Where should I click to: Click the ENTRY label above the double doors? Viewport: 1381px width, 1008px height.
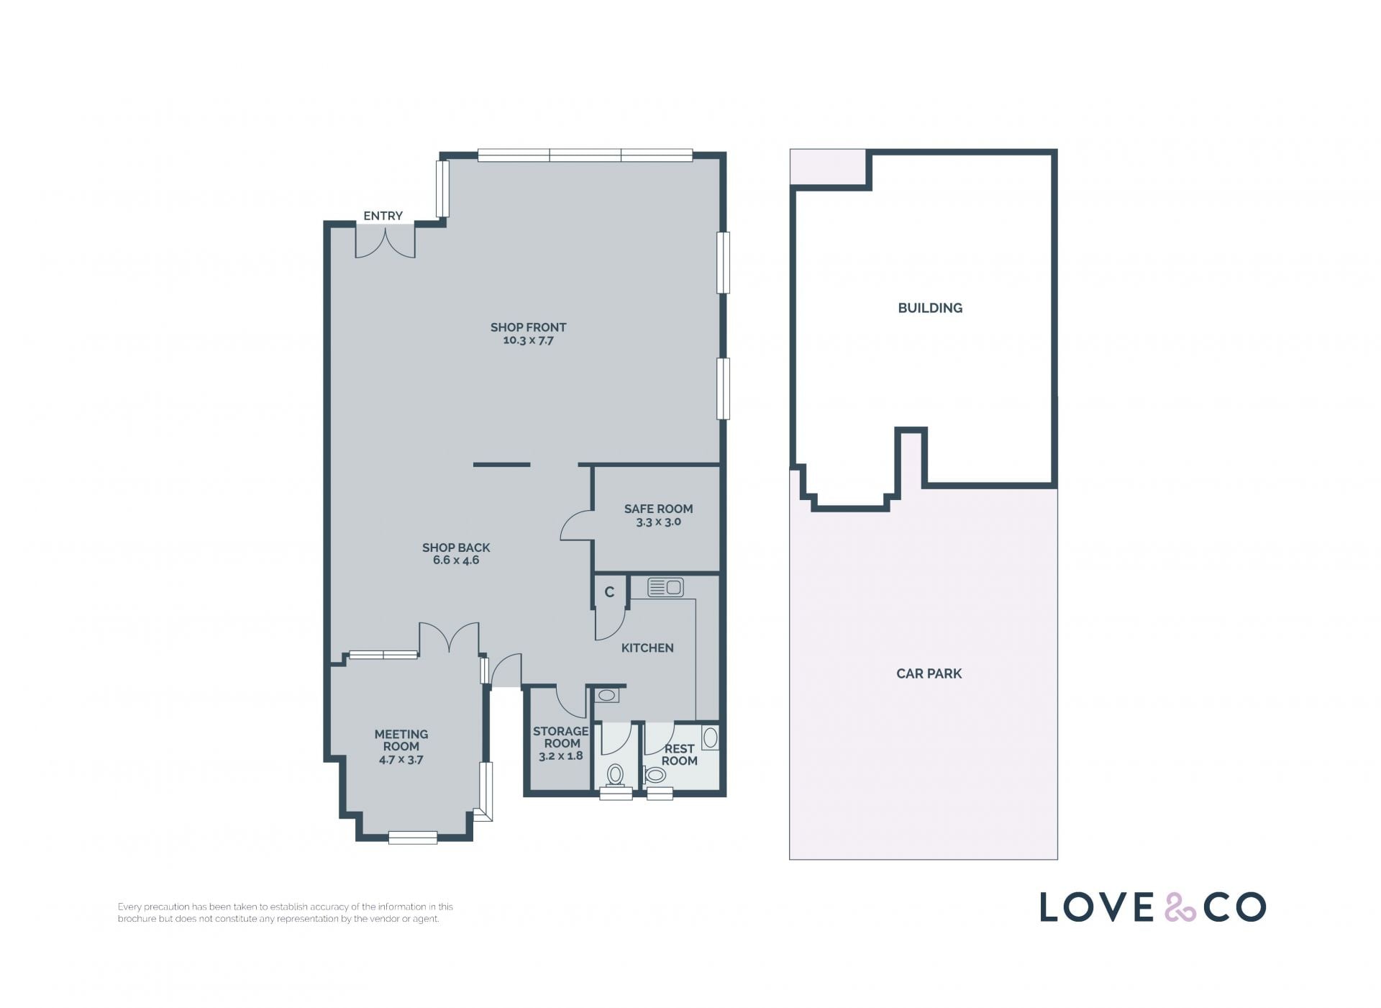(383, 216)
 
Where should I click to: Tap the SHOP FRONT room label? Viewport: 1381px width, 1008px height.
(529, 327)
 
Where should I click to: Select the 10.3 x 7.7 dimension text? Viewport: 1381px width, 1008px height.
(529, 340)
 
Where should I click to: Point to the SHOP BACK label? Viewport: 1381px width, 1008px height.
(456, 548)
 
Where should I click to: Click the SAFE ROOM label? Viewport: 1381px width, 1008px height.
(658, 509)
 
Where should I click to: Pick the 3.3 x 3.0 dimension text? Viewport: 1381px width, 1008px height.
(658, 522)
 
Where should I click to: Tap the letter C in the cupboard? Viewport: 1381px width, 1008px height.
(609, 592)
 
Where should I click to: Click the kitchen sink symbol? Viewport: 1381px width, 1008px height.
(665, 588)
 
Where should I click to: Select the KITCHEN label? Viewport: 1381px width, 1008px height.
(647, 648)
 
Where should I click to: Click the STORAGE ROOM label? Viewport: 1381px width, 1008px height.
(561, 737)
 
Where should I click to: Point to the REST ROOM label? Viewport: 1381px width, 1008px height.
(680, 755)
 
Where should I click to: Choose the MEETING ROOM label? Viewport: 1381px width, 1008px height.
(401, 740)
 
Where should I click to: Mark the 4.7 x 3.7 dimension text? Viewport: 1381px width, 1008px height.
(401, 760)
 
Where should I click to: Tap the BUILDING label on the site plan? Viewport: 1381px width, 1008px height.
(930, 308)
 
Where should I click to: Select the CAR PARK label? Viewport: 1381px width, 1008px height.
(929, 674)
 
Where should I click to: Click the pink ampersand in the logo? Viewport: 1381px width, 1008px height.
(1180, 907)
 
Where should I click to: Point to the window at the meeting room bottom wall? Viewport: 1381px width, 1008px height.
(413, 837)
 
